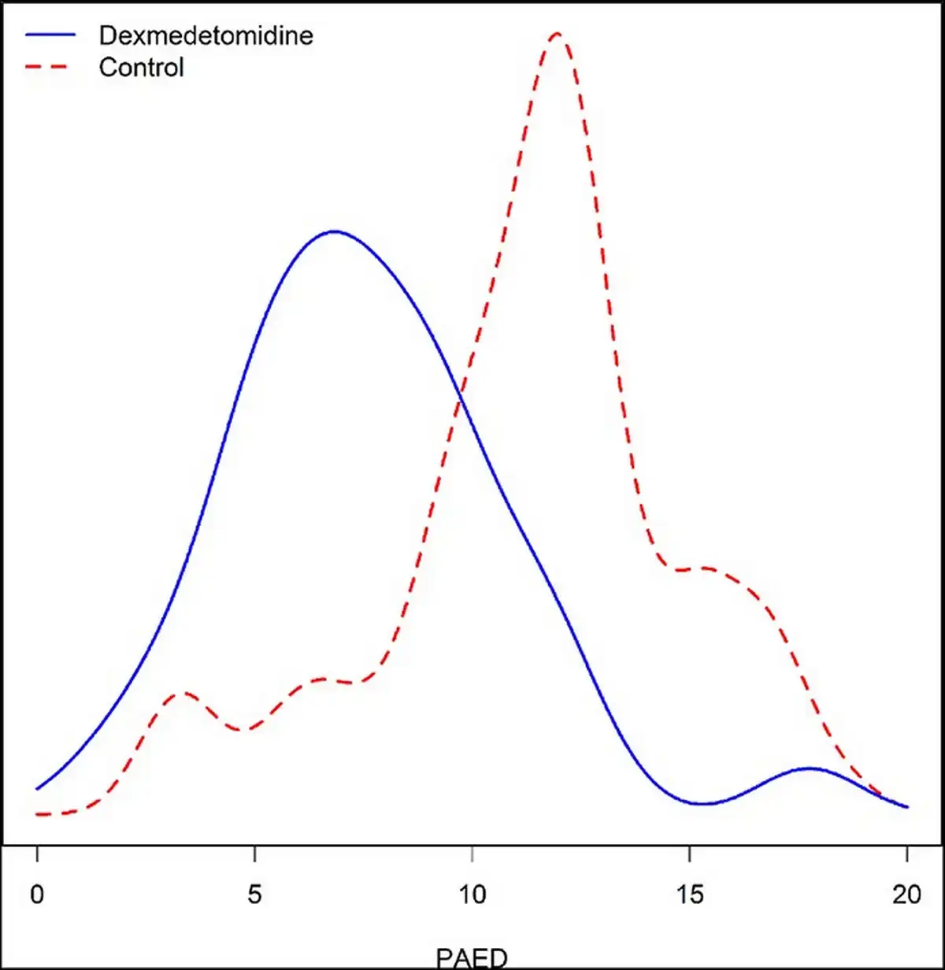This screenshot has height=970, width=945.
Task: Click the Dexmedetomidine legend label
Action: click(206, 35)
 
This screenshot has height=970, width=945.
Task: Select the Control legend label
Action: click(142, 68)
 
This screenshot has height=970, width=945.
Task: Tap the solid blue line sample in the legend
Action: click(52, 35)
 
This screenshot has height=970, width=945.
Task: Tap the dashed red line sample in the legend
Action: click(52, 68)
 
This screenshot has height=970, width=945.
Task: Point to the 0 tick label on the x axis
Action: click(37, 896)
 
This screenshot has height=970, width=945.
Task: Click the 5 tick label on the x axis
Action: click(254, 896)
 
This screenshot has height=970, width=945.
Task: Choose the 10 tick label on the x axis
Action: click(472, 896)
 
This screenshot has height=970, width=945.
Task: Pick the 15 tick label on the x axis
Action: click(689, 896)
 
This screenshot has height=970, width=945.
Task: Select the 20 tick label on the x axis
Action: click(906, 896)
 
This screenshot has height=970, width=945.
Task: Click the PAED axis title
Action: click(472, 959)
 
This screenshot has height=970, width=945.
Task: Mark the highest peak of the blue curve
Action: click(335, 231)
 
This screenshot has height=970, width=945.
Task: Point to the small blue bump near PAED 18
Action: click(808, 768)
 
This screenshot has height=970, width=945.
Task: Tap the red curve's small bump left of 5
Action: click(184, 693)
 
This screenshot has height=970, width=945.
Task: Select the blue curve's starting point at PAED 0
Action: click(37, 788)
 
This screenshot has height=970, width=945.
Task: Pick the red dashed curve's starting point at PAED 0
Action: click(37, 815)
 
